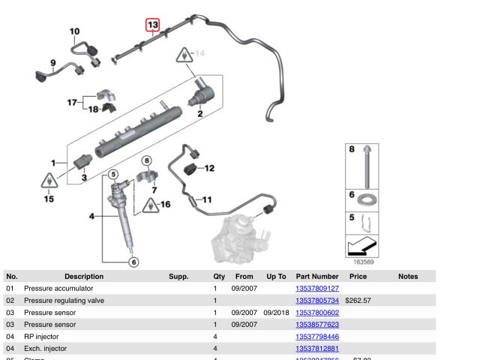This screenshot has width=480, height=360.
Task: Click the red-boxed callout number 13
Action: (x=152, y=25)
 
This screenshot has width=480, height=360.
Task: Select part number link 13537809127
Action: (x=317, y=289)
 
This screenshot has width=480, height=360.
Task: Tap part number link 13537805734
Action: (x=317, y=301)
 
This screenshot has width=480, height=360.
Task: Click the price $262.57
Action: (x=358, y=301)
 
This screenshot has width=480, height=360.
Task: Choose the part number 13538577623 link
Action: (x=317, y=325)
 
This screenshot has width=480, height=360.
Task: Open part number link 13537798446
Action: (x=317, y=337)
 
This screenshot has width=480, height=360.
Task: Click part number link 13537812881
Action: (x=317, y=349)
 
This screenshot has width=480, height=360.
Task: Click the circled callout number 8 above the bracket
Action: (x=147, y=160)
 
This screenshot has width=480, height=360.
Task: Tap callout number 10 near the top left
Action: (x=74, y=31)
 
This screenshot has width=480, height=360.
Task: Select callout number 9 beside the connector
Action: (x=53, y=62)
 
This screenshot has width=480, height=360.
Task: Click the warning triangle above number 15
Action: (x=49, y=181)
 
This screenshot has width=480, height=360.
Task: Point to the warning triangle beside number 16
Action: (x=151, y=204)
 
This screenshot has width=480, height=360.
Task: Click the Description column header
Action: (x=84, y=277)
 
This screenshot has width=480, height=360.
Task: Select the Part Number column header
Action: (x=317, y=277)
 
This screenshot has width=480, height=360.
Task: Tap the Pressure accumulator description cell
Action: (x=58, y=289)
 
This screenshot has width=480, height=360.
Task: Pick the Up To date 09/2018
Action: (x=276, y=313)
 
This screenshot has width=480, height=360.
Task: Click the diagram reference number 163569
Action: (x=364, y=262)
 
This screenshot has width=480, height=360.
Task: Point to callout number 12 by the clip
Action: (x=209, y=168)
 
